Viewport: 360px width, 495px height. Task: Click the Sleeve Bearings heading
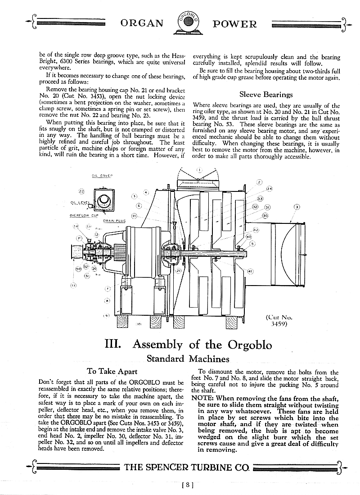coord(266,95)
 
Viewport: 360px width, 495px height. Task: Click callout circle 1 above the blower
coord(199,170)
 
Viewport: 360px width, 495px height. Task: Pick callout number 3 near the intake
coord(297,207)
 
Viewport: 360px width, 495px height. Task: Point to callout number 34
coord(269,188)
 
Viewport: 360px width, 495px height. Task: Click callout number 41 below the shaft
coord(250,271)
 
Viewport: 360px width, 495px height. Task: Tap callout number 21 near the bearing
coord(178,270)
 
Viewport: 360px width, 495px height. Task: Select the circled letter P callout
coord(78,238)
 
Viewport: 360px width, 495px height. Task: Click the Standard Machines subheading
coord(188,359)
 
